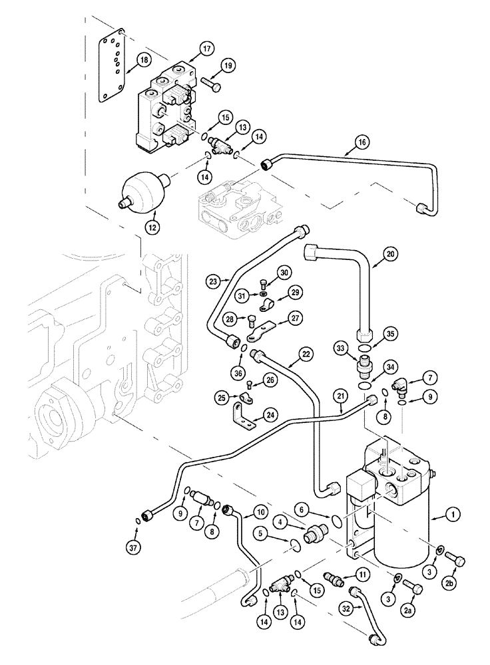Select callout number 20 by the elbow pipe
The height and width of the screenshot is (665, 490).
tap(390, 253)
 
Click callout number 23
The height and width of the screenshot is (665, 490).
tap(212, 281)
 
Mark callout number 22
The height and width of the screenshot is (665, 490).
tap(306, 355)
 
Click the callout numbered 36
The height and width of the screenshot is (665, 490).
tap(238, 374)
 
